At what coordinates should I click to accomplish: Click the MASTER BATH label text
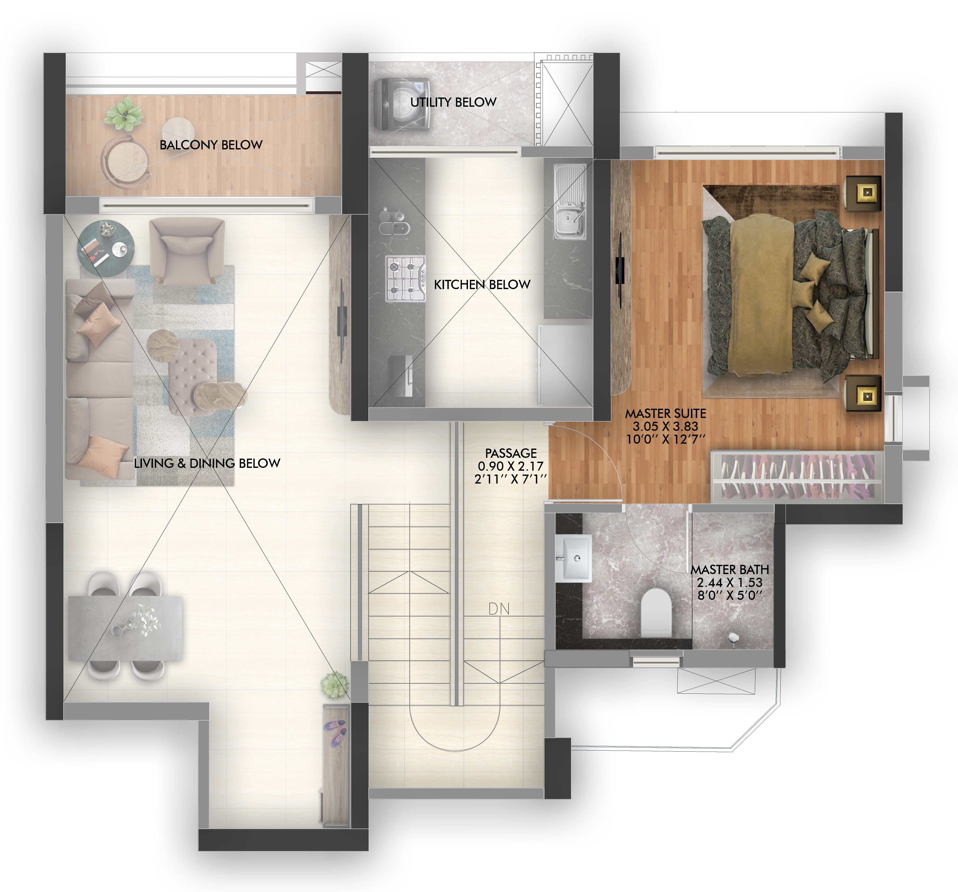click(x=730, y=569)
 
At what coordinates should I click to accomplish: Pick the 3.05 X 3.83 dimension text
click(x=665, y=426)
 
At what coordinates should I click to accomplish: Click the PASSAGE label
click(x=511, y=453)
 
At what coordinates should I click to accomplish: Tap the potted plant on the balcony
click(x=124, y=114)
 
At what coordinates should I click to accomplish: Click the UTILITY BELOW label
click(x=453, y=102)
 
